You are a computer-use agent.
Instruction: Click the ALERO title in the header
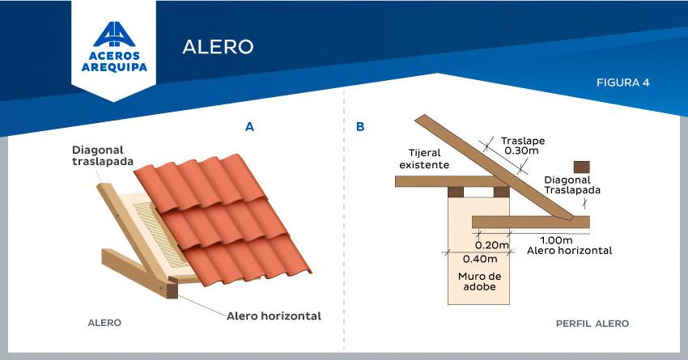click(x=218, y=46)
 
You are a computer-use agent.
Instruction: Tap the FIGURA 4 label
click(x=623, y=83)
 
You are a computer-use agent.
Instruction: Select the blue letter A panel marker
click(x=250, y=126)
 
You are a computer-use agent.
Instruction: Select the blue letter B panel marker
click(x=360, y=126)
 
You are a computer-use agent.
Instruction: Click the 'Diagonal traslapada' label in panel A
click(x=100, y=155)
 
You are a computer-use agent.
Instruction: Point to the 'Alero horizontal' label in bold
click(x=274, y=316)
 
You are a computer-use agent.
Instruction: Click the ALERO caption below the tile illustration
click(x=104, y=323)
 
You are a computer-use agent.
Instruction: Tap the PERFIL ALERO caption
click(x=592, y=324)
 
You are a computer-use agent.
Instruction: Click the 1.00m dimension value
click(x=556, y=239)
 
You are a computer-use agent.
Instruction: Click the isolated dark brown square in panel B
click(x=580, y=166)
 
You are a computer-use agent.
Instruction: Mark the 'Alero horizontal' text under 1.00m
click(x=569, y=251)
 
